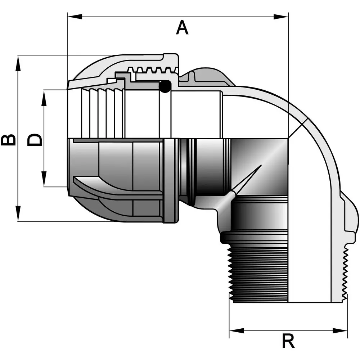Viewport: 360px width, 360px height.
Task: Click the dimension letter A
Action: pos(182,28)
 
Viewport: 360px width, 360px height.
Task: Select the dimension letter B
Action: pos(8,140)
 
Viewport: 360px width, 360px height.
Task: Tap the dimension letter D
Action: pos(35,140)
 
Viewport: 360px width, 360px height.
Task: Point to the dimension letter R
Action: pos(288,341)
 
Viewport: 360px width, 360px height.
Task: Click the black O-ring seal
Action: pos(165,86)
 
